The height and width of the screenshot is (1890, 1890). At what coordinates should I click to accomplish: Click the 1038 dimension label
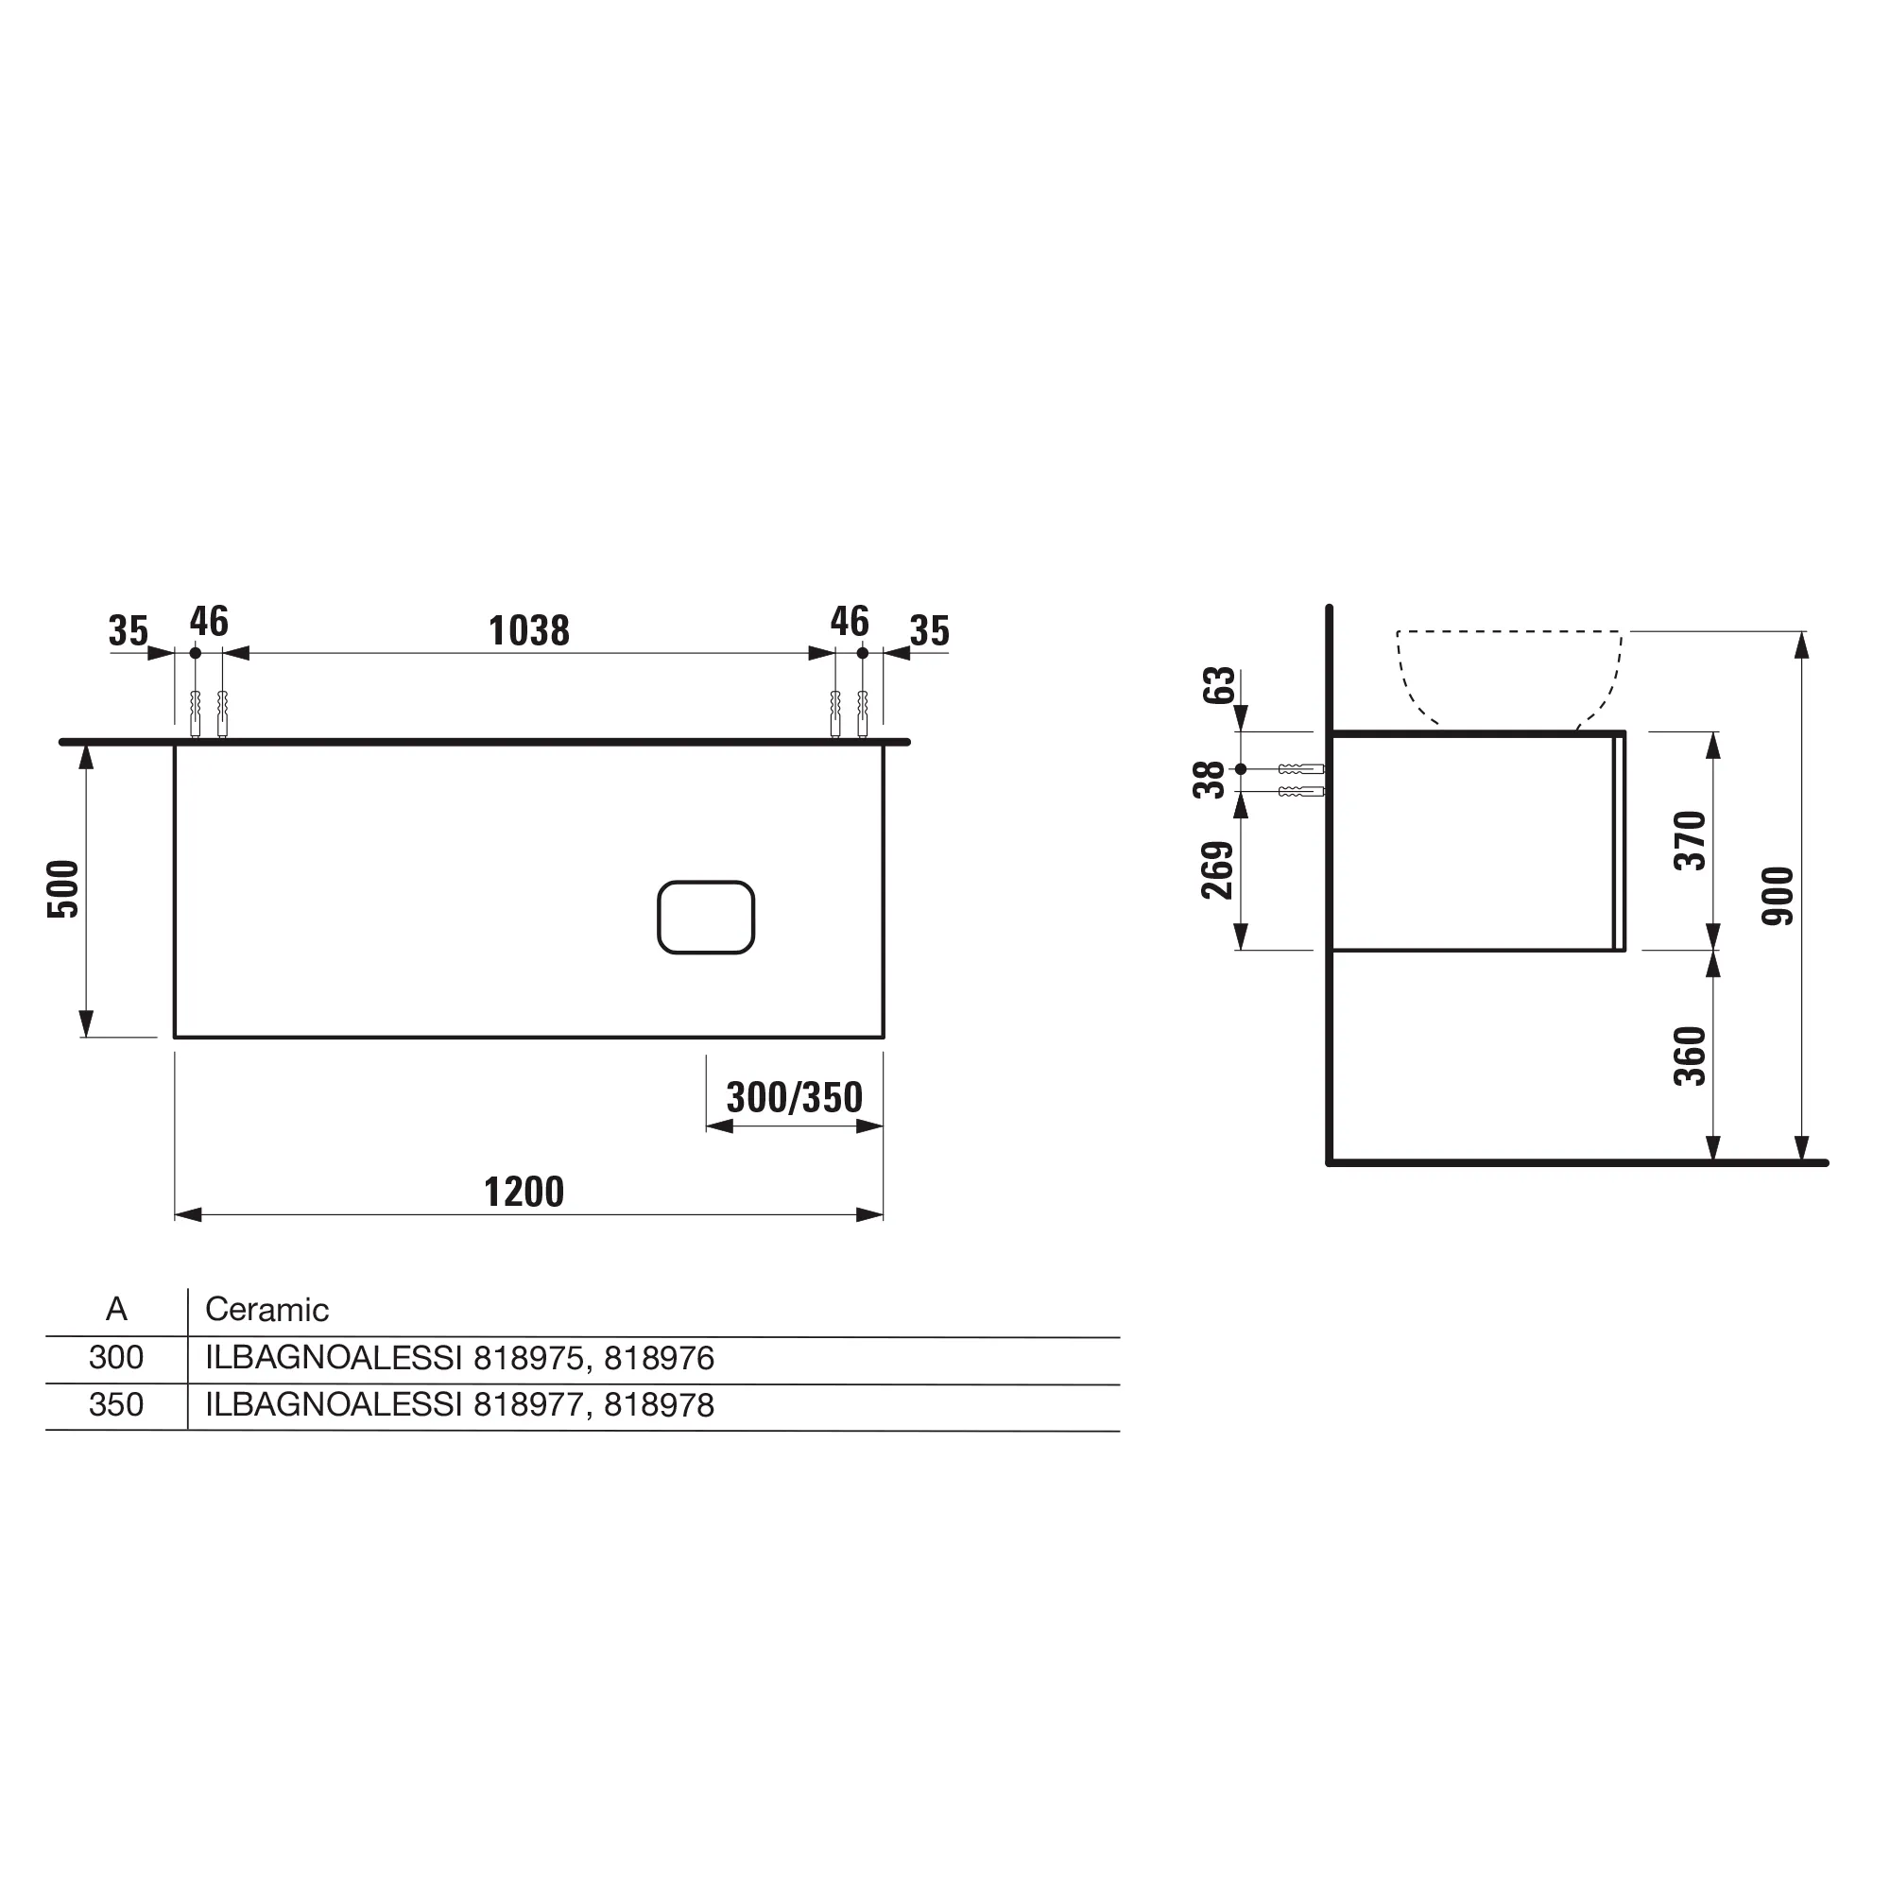[x=528, y=631]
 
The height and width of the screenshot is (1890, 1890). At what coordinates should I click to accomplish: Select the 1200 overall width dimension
[x=524, y=1193]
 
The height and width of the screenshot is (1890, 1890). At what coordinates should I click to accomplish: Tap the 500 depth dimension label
[x=62, y=888]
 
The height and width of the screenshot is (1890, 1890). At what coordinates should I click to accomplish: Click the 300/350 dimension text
[x=794, y=1097]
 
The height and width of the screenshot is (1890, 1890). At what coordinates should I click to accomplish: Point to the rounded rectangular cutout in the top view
[x=705, y=918]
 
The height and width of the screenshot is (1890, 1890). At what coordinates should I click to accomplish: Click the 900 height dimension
[x=1778, y=895]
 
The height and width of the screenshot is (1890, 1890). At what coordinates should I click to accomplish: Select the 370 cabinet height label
[x=1690, y=840]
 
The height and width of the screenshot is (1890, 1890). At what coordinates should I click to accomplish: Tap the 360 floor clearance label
[x=1690, y=1056]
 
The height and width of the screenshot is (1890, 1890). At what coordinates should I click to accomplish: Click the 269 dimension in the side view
[x=1217, y=869]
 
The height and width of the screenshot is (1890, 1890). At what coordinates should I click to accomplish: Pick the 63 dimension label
[x=1219, y=685]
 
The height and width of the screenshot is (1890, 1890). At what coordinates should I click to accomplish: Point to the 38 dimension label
[x=1210, y=780]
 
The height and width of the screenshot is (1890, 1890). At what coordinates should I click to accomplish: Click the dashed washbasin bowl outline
[x=1507, y=675]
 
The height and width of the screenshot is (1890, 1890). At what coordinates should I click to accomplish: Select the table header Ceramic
[x=266, y=1310]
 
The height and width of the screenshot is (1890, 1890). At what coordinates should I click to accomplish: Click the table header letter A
[x=116, y=1309]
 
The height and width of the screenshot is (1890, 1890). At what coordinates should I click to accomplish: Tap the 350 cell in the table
[x=115, y=1405]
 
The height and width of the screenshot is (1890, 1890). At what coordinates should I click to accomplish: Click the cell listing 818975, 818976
[x=459, y=1358]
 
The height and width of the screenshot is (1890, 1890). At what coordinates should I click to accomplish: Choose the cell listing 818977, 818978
[x=459, y=1405]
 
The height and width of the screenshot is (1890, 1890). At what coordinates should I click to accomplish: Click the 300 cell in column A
[x=115, y=1358]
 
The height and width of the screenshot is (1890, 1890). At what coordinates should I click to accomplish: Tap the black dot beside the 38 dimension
[x=1241, y=769]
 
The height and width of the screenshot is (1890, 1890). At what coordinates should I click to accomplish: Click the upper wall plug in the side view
[x=1300, y=770]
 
